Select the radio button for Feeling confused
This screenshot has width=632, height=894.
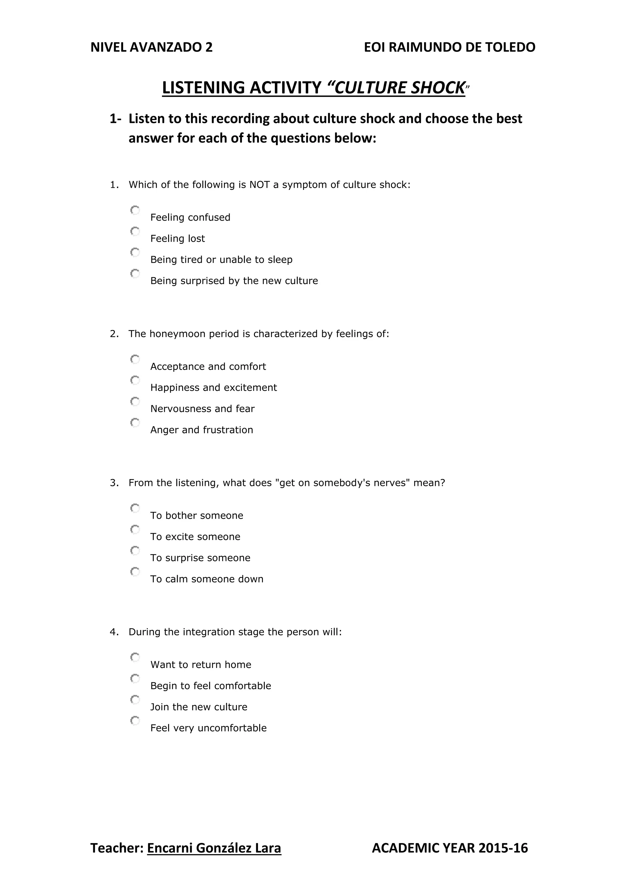(x=135, y=210)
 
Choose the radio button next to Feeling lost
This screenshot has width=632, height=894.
(x=135, y=231)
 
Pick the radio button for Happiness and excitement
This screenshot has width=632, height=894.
(x=135, y=380)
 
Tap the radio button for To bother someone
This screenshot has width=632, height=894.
(x=135, y=508)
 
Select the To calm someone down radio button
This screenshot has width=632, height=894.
(x=135, y=572)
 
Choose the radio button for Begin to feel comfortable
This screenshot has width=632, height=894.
(x=135, y=678)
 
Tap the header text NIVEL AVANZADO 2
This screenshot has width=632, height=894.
(x=152, y=47)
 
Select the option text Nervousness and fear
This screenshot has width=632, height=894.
(x=202, y=409)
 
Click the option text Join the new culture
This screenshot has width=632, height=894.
(x=198, y=707)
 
